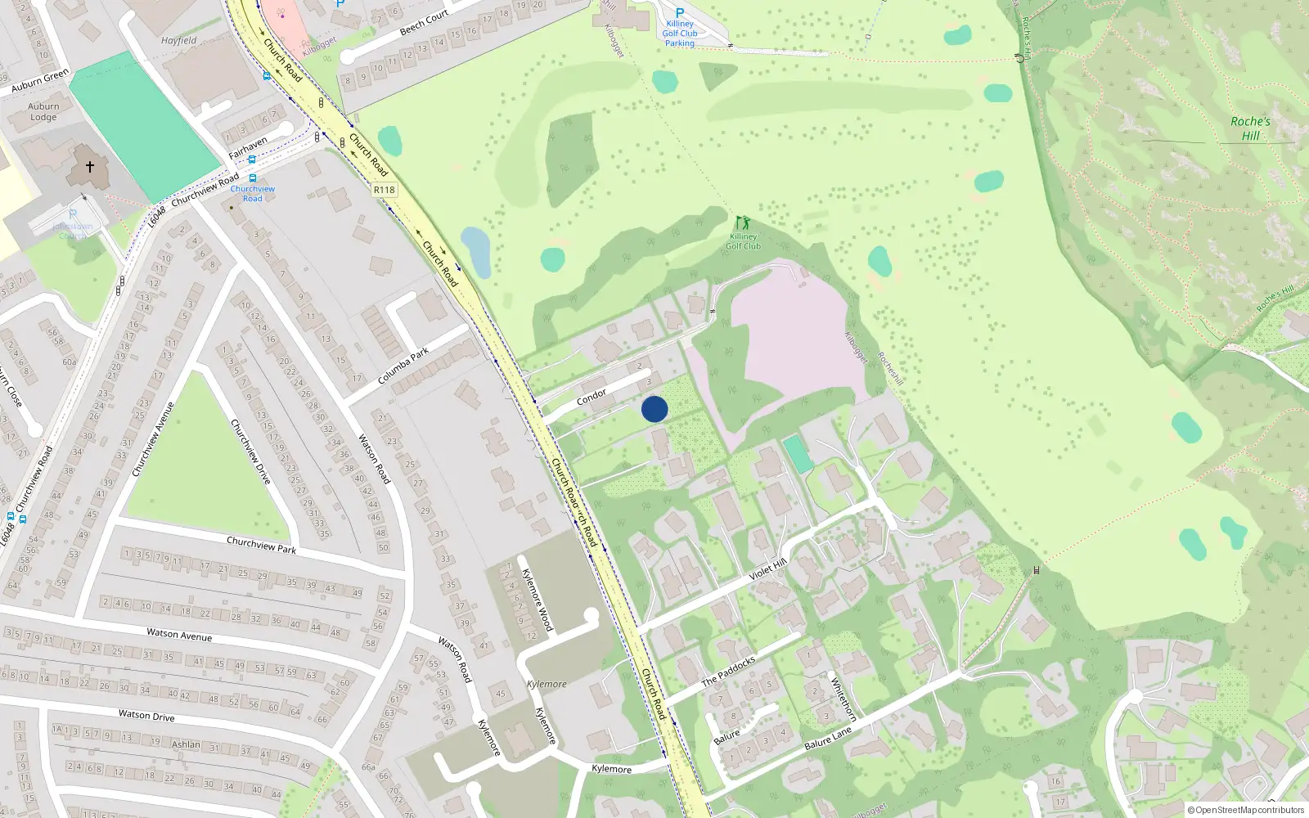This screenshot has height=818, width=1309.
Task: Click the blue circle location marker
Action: click(x=654, y=409)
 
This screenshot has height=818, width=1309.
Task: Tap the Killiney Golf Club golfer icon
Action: click(x=742, y=222)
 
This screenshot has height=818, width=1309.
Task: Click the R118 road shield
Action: click(x=384, y=190)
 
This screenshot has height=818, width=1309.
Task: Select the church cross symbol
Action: click(x=90, y=166)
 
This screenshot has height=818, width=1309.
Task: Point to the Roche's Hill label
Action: click(x=1250, y=128)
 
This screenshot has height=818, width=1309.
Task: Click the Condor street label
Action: click(x=592, y=397)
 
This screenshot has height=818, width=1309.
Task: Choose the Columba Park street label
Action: click(x=403, y=366)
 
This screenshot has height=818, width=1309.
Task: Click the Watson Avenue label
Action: click(x=179, y=634)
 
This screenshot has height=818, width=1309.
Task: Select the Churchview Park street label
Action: click(x=261, y=545)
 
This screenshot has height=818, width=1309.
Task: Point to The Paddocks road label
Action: click(x=728, y=671)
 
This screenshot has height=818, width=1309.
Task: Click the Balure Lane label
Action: click(x=828, y=739)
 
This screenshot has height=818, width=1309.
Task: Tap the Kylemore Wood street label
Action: click(x=537, y=600)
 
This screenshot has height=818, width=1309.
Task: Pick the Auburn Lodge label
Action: click(x=43, y=111)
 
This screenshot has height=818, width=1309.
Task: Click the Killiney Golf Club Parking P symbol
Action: click(x=679, y=13)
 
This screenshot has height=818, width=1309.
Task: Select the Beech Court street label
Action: click(x=424, y=23)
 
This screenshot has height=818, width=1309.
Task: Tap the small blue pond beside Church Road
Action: click(x=476, y=251)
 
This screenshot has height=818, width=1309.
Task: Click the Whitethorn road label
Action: click(x=843, y=699)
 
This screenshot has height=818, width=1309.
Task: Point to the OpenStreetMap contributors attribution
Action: click(x=1246, y=810)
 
